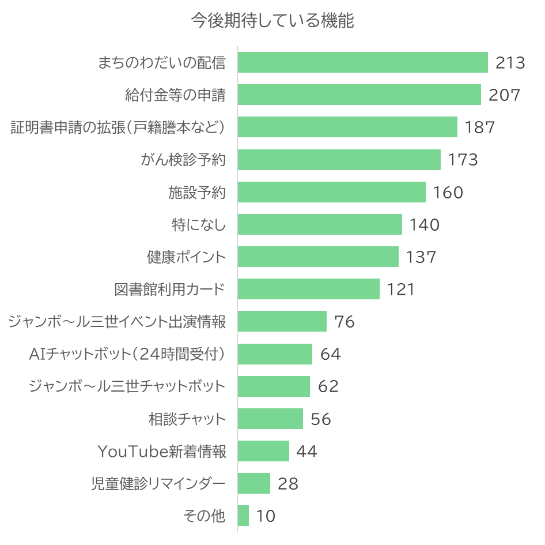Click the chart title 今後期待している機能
(272, 21)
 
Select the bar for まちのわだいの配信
(362, 62)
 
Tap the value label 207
(504, 95)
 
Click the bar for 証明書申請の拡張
(347, 127)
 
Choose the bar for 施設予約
(331, 192)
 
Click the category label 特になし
(199, 224)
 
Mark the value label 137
(421, 257)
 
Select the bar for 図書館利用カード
(308, 289)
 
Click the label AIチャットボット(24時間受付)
(127, 354)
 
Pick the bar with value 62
(274, 386)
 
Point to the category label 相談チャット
(187, 419)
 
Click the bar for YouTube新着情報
(263, 451)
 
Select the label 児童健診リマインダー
(158, 483)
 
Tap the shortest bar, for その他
(243, 516)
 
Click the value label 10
(266, 516)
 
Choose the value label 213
(510, 62)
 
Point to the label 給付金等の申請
(175, 95)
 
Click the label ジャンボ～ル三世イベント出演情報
(117, 321)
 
